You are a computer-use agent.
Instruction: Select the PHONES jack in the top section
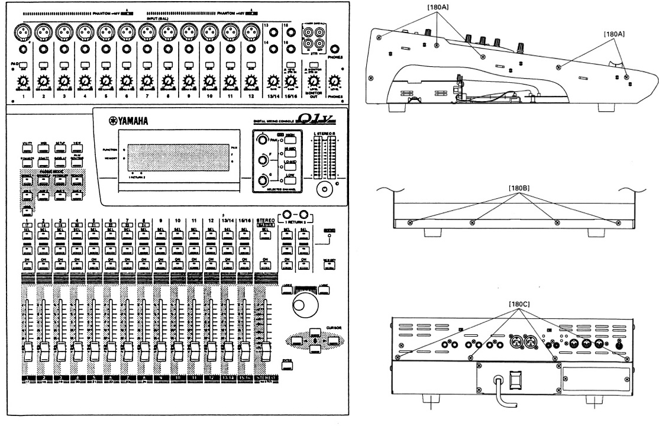(x=335, y=50)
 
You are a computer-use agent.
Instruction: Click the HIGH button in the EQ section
(x=290, y=137)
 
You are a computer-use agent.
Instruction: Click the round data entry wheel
(x=305, y=306)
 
